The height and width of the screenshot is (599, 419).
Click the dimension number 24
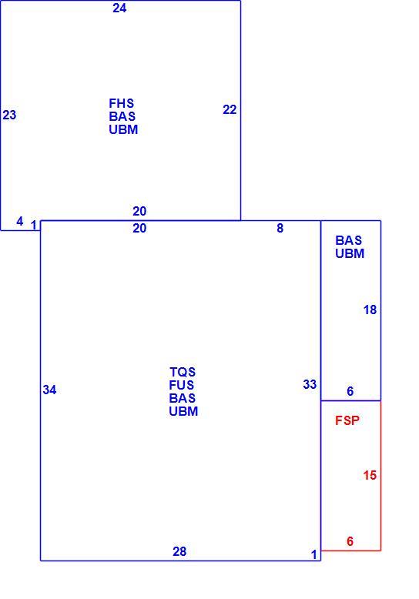[119, 8]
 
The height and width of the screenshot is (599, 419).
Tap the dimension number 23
[9, 115]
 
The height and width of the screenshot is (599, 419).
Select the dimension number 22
[230, 109]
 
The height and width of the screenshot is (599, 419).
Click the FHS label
[122, 103]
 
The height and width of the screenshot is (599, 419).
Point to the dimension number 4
[20, 221]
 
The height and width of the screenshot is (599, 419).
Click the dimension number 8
[280, 228]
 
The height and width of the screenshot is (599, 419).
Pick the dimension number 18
[370, 310]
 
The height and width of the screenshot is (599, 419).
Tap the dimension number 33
[310, 384]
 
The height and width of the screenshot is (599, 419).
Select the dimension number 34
[50, 390]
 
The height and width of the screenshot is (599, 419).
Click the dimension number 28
[179, 551]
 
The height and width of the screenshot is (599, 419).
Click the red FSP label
[347, 420]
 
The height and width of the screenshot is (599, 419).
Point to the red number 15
[370, 475]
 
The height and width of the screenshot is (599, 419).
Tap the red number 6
[350, 541]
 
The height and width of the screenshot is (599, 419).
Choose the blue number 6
[350, 391]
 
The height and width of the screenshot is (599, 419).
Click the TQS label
[183, 372]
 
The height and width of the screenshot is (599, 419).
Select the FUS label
[182, 385]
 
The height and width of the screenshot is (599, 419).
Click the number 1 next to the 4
[34, 226]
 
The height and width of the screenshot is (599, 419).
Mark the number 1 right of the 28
[314, 554]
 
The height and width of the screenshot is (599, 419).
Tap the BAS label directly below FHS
[122, 116]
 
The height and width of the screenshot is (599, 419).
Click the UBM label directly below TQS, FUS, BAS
[183, 411]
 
